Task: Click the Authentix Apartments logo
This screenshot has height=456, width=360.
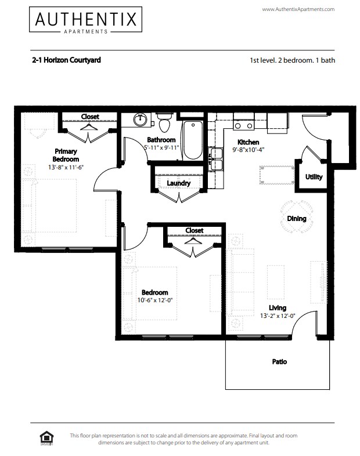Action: click(85, 22)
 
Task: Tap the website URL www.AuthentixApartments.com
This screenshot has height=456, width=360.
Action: click(298, 9)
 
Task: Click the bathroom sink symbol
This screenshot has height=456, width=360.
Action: click(140, 121)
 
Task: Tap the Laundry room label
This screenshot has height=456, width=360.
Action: click(178, 183)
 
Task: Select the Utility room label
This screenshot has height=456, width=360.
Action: click(314, 177)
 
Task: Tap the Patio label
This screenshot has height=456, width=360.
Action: click(279, 362)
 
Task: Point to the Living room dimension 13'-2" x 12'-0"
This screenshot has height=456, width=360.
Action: click(278, 316)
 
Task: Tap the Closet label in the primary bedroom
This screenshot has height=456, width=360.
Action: click(90, 117)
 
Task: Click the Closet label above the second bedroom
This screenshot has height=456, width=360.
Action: click(194, 230)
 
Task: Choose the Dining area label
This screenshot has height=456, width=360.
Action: click(297, 219)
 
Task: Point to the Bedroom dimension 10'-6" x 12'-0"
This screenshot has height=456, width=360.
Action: click(155, 301)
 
